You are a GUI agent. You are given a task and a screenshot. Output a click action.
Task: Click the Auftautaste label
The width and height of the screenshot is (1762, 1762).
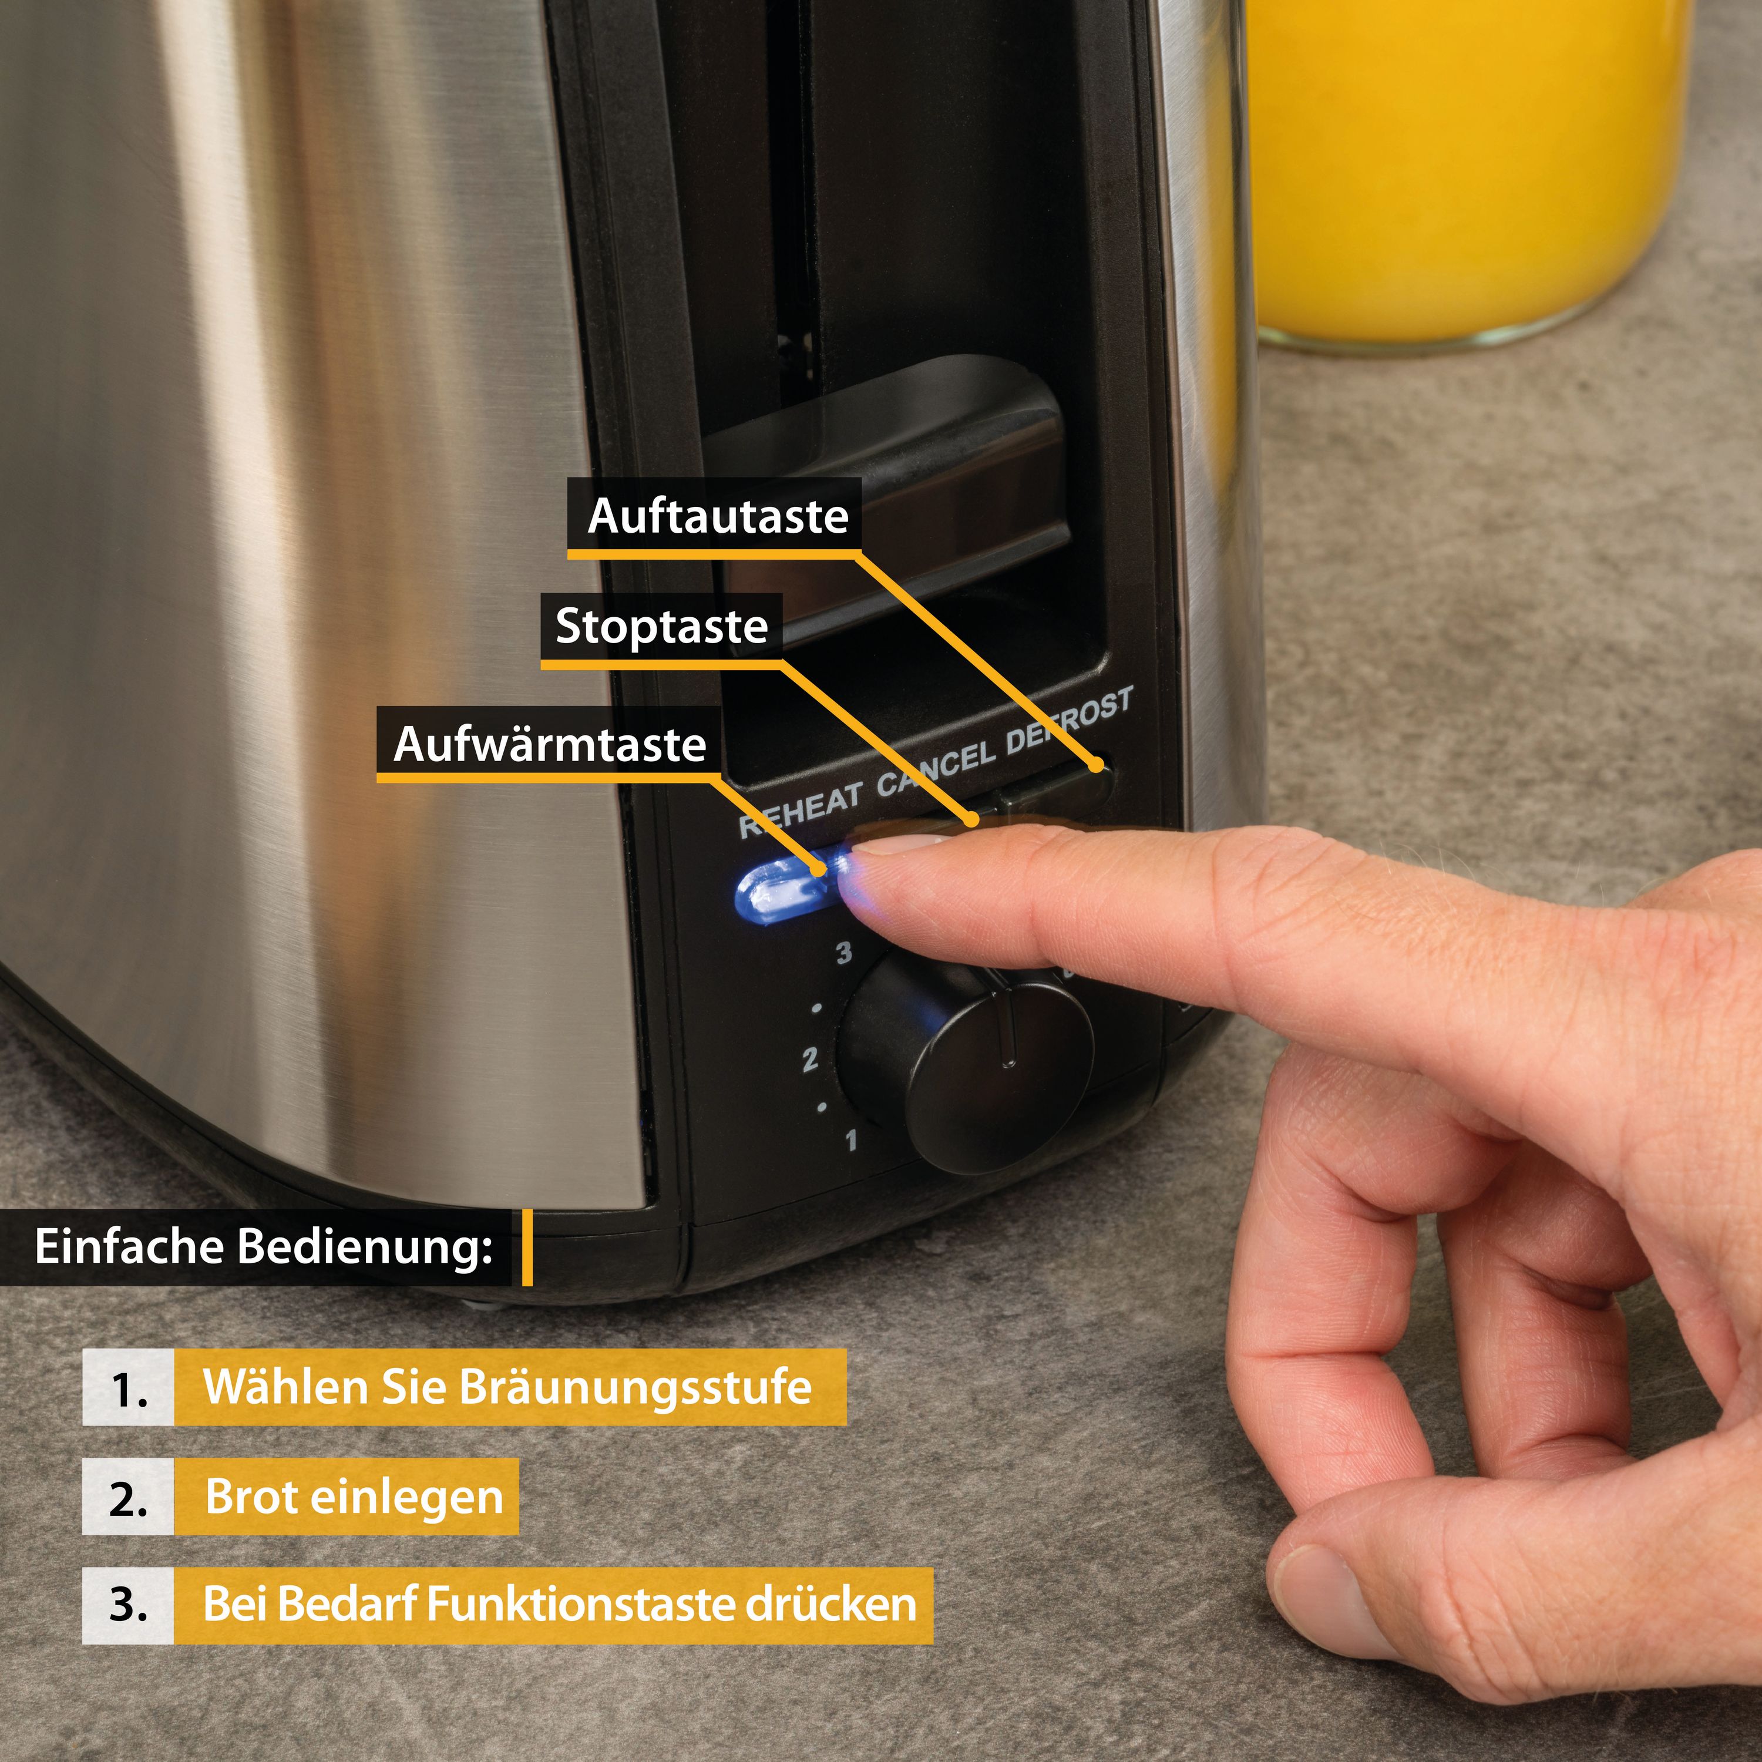click(x=717, y=516)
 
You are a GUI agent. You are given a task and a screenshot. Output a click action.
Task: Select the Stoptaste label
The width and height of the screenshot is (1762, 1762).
click(x=661, y=627)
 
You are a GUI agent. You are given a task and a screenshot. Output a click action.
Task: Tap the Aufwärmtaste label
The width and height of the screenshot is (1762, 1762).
click(x=550, y=744)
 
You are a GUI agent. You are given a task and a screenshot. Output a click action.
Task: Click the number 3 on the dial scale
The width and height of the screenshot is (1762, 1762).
click(x=843, y=953)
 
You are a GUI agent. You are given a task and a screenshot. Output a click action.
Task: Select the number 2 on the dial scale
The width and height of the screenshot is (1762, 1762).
click(x=809, y=1060)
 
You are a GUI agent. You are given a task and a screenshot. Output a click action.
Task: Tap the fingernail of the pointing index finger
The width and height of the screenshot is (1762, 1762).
click(x=899, y=843)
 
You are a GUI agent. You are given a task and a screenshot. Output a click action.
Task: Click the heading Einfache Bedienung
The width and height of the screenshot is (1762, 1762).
click(x=263, y=1247)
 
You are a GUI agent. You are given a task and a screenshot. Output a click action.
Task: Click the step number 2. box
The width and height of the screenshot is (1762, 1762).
click(x=127, y=1498)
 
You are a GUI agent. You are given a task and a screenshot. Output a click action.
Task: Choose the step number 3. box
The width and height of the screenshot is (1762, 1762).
click(x=127, y=1605)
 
